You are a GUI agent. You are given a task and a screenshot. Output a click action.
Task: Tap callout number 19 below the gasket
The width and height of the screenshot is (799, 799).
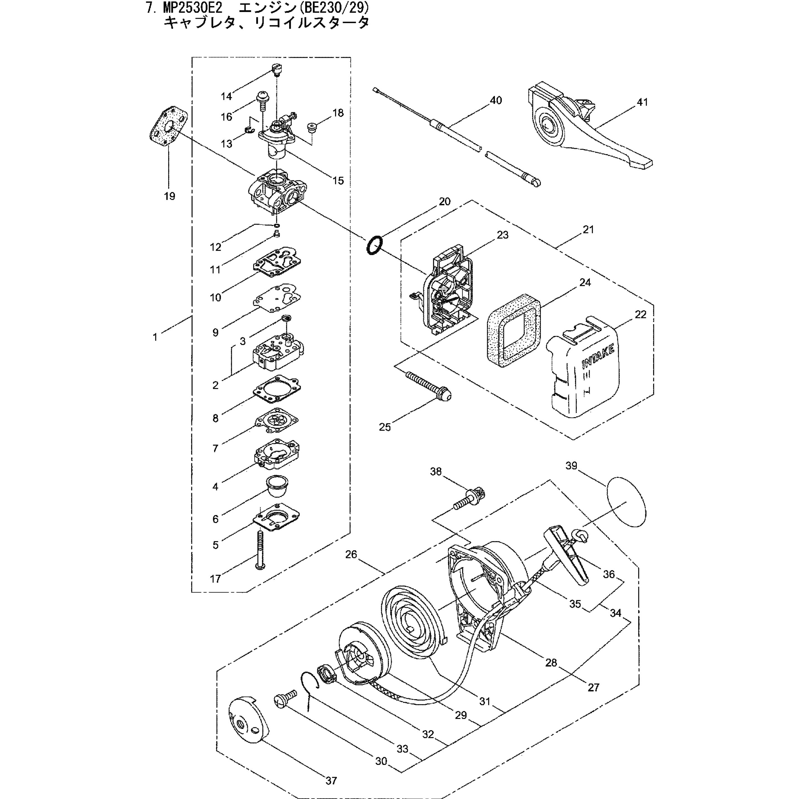pos(170,196)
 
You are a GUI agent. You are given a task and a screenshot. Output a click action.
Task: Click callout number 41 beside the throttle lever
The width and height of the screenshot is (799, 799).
pos(642,102)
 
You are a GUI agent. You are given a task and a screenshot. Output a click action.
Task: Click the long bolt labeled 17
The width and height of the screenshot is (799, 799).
pos(259,550)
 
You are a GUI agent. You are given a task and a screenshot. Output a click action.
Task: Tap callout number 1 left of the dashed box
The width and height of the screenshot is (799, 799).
pos(155,337)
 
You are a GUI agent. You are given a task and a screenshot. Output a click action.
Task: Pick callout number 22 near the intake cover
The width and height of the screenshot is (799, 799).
pos(640,314)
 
